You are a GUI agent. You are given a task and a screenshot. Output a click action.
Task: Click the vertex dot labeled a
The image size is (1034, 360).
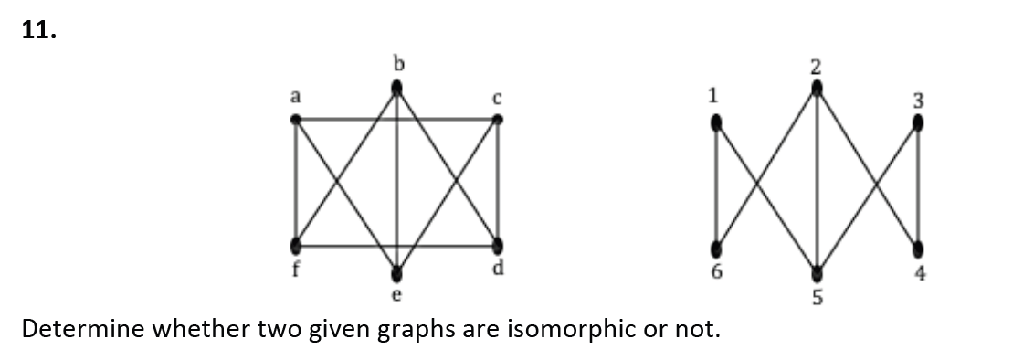tap(296, 119)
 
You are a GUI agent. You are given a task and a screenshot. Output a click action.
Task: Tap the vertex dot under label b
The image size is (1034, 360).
tap(396, 88)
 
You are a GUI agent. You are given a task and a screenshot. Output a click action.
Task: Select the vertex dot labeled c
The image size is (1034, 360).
tap(498, 119)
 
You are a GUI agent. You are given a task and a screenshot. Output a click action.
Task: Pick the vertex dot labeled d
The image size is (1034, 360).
tap(498, 246)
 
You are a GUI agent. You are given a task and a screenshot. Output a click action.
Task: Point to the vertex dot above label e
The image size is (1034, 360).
tap(396, 273)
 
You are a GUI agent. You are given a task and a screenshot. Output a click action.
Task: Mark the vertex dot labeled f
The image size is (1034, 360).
tap(296, 246)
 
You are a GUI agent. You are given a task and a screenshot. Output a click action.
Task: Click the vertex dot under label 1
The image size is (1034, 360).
tap(716, 122)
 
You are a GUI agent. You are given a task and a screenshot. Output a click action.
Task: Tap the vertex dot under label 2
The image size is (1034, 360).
tap(818, 88)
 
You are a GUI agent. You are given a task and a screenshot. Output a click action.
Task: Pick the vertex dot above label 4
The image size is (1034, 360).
tap(918, 249)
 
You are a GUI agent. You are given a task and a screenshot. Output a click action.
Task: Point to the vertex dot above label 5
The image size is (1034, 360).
tap(818, 273)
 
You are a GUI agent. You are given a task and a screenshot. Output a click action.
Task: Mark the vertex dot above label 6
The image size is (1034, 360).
tap(716, 249)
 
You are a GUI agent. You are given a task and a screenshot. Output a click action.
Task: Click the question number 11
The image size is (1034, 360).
tap(39, 33)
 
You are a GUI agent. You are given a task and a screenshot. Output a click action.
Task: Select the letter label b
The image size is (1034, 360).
tap(397, 63)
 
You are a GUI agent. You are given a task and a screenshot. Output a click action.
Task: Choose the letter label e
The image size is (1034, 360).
tap(396, 296)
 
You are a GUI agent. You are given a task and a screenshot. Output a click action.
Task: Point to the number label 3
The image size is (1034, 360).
tap(919, 101)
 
